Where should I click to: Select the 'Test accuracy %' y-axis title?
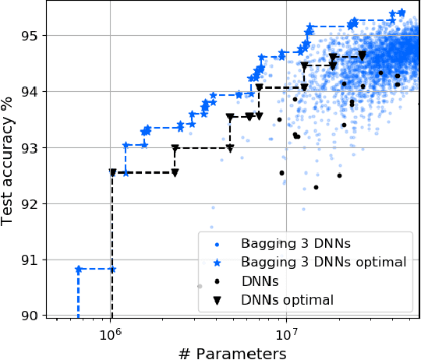[x=9, y=160]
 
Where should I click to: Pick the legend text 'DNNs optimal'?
[x=287, y=299]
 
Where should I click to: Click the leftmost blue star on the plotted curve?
[x=79, y=269]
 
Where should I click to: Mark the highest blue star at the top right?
[x=402, y=12]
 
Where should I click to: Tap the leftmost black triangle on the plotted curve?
[x=113, y=172]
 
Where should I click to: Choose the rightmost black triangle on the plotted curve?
[x=362, y=56]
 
